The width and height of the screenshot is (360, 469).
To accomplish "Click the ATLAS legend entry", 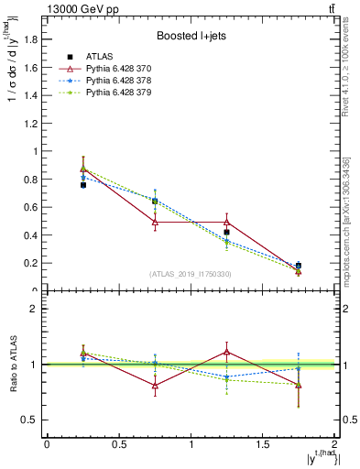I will click(x=98, y=57).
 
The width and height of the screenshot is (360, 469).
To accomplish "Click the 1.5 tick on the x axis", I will click(x=263, y=444).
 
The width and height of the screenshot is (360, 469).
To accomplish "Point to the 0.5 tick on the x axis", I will click(x=118, y=444).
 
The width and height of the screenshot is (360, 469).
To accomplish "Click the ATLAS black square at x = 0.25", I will click(x=82, y=185).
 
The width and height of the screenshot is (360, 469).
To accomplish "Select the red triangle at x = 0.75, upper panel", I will click(x=155, y=222).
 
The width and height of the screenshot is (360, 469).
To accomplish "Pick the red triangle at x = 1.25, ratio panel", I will click(x=227, y=352).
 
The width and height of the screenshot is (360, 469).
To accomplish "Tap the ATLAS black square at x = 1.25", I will click(x=227, y=233).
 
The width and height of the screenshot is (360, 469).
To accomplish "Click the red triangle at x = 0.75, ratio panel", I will click(x=155, y=386).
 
